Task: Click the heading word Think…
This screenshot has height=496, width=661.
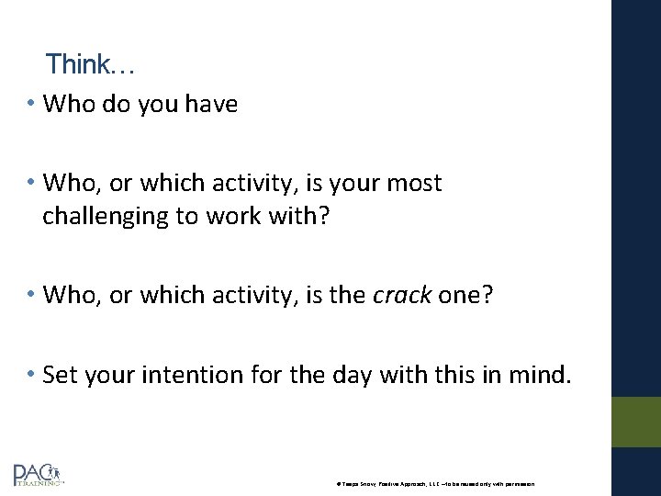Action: coord(90,64)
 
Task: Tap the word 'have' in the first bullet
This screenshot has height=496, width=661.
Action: coord(210,105)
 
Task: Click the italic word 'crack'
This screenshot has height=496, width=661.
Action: coord(402,296)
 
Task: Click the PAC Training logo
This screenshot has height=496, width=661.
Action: coord(39,475)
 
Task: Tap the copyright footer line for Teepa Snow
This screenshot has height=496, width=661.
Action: coord(442,483)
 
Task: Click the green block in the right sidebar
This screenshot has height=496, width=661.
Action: coord(635,422)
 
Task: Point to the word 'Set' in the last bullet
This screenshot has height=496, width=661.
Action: coord(60,375)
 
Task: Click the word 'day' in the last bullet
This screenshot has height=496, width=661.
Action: coord(340,375)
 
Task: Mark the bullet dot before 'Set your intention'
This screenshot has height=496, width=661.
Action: coord(32,375)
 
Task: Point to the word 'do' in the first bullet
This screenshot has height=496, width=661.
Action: coord(116,105)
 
